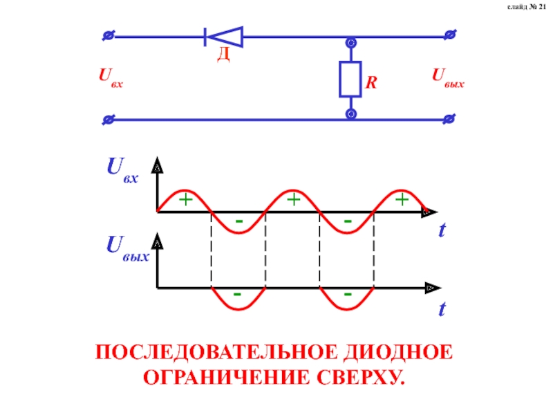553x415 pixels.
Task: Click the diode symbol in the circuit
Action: click(x=223, y=36)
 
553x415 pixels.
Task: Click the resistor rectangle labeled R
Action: click(x=350, y=78)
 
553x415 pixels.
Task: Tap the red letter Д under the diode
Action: click(x=223, y=55)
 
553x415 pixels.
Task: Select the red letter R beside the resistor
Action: click(x=371, y=83)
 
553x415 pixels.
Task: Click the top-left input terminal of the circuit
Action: click(x=108, y=35)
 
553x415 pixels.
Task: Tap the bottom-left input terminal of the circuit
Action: click(x=108, y=119)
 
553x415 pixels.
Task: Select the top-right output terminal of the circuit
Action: click(x=450, y=35)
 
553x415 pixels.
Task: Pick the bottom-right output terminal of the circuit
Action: click(x=450, y=119)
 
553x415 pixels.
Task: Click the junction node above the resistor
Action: click(x=350, y=44)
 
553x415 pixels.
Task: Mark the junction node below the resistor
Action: click(x=350, y=113)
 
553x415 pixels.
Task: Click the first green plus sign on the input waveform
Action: click(x=185, y=200)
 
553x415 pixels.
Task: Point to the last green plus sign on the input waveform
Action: click(x=402, y=200)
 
